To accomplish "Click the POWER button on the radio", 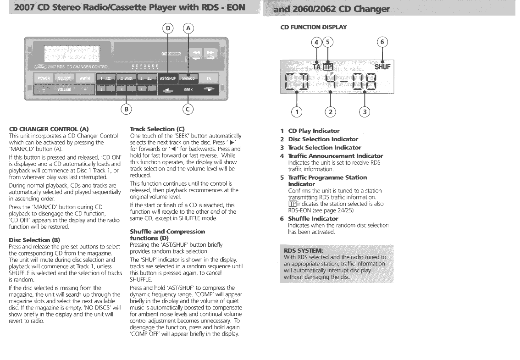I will [x=44, y=78].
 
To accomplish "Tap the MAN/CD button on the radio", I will [x=188, y=78].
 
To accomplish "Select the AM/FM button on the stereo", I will [x=84, y=78].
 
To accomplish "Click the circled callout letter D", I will [x=168, y=28].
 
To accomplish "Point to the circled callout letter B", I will [x=126, y=109].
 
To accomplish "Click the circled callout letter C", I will [x=188, y=109].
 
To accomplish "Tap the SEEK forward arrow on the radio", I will [x=210, y=90].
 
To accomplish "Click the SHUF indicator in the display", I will [x=382, y=67].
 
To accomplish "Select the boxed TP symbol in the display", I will [x=328, y=67].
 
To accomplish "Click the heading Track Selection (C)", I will [x=152, y=129].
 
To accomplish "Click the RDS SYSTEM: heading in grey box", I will [x=304, y=250].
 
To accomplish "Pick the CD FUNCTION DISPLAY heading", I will [x=314, y=27].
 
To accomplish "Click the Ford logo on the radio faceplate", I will [x=40, y=66].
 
